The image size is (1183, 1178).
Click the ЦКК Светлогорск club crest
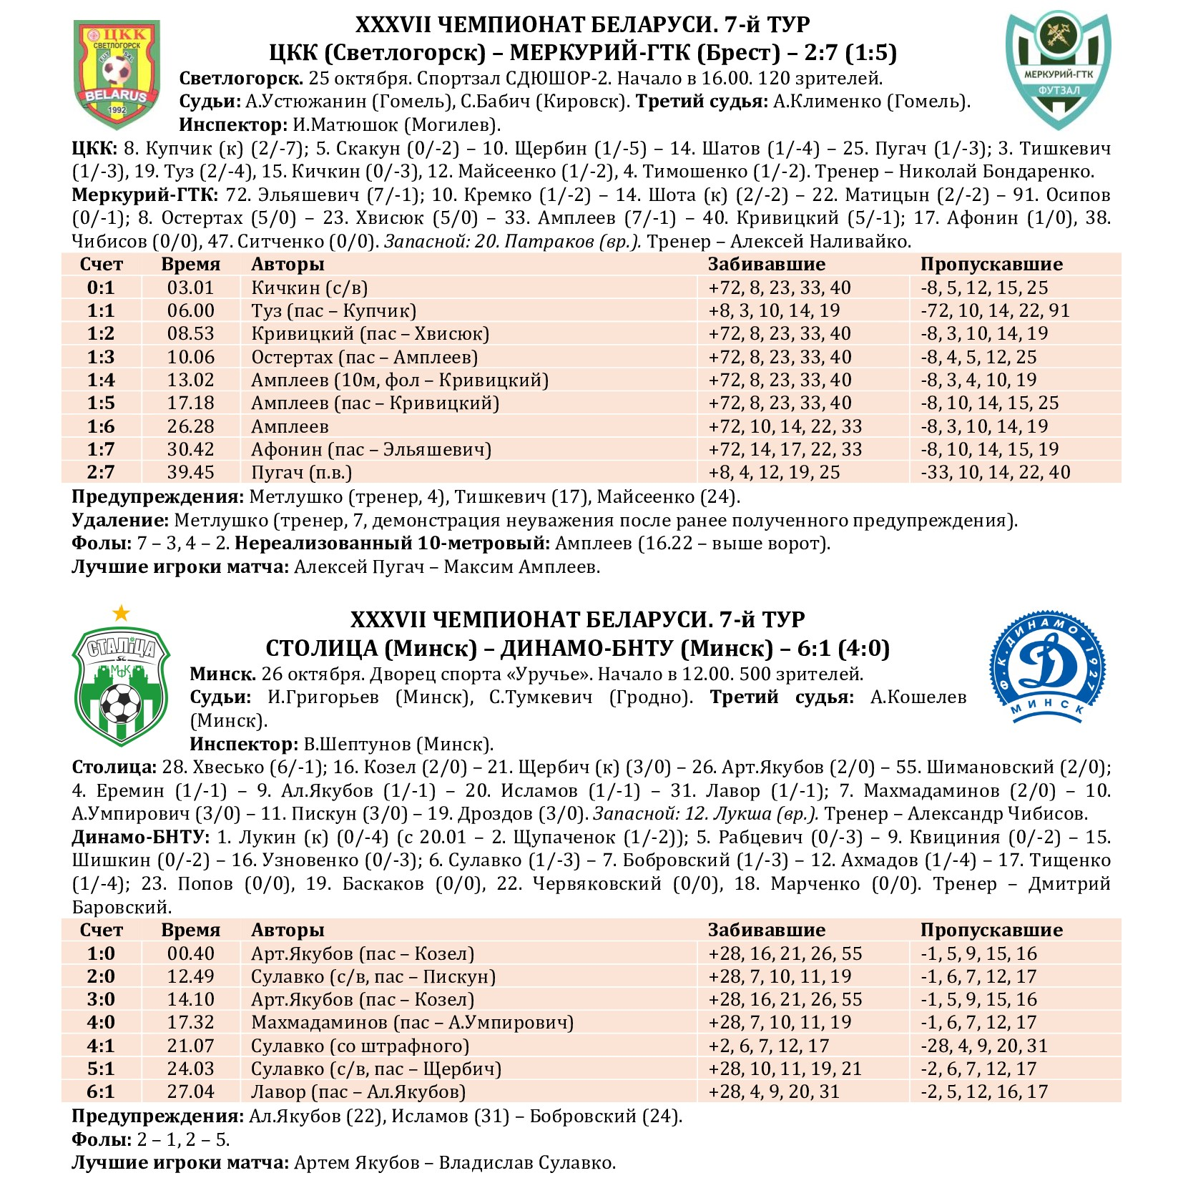[117, 74]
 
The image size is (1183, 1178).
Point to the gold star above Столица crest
[122, 613]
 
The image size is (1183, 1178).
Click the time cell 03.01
[190, 288]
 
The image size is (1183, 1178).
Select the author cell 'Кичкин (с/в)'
[309, 288]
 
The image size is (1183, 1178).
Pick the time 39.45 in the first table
[190, 472]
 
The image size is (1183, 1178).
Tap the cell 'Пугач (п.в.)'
[301, 472]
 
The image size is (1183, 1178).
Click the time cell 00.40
[190, 953]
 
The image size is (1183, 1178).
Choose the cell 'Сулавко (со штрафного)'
[360, 1046]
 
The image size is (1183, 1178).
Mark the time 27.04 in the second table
[190, 1091]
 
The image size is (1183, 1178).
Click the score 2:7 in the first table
[101, 472]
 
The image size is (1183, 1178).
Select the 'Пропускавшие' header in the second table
[991, 930]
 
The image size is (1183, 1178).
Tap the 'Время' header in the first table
[190, 264]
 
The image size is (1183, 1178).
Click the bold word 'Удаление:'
[120, 520]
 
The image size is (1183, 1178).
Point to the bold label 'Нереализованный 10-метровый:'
[392, 543]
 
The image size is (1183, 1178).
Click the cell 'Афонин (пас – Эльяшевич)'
[371, 449]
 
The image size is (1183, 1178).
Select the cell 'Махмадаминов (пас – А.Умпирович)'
[412, 1022]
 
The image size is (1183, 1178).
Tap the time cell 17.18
[190, 403]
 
